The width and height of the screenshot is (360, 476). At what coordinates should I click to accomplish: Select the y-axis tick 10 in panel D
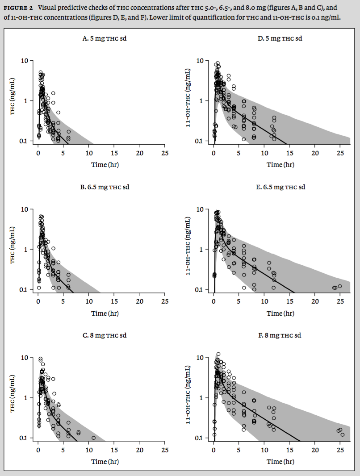(x=201, y=61)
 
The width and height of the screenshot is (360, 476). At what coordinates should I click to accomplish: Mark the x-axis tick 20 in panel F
(x=315, y=450)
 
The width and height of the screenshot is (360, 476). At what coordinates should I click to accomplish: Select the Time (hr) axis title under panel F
(x=280, y=461)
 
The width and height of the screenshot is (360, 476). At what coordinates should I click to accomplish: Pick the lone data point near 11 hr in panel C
(x=93, y=438)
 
